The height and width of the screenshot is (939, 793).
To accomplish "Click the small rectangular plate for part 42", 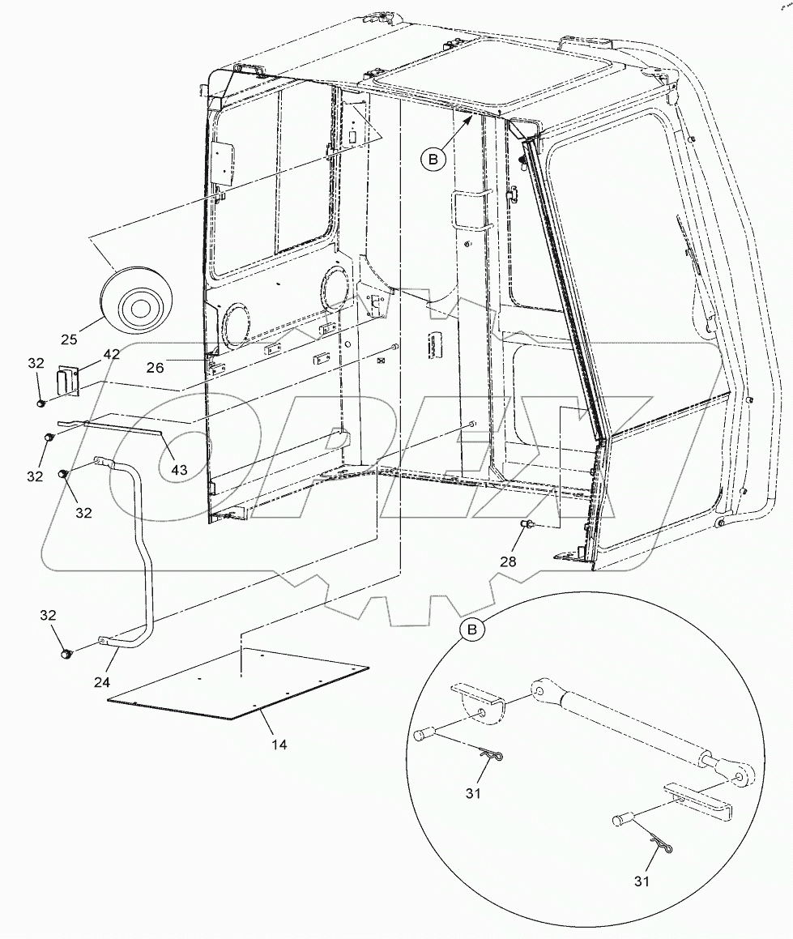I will pyautogui.click(x=66, y=382).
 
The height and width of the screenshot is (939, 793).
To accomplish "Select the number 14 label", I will pyautogui.click(x=279, y=744).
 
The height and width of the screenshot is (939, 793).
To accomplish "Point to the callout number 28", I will pyautogui.click(x=507, y=561).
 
